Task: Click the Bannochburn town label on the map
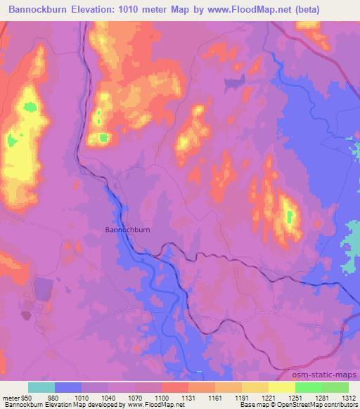pos(127,229)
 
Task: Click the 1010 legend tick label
pos(82,398)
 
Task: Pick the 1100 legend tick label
pos(161,398)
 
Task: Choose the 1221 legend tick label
pos(268,398)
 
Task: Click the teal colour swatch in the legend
pos(41,387)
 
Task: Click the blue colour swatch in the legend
pos(68,387)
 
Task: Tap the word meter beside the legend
pos(11,398)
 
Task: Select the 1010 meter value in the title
pos(153,10)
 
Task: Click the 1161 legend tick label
pos(214,398)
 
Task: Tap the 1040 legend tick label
pos(108,398)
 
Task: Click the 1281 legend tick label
pos(321,398)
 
